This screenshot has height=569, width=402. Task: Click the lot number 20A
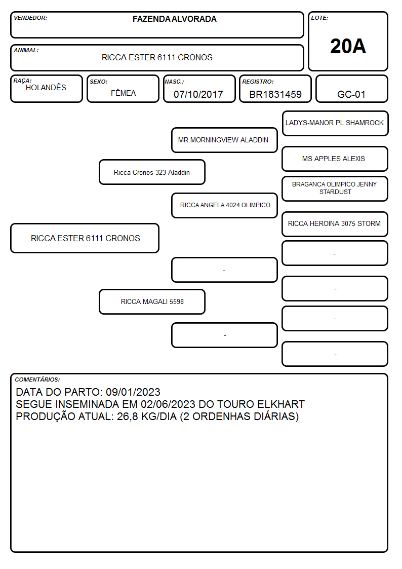(348, 46)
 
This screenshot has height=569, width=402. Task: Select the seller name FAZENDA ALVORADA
(174, 19)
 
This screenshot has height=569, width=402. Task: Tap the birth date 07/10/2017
(198, 94)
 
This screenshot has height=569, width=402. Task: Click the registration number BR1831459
(275, 94)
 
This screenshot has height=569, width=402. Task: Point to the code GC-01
(351, 94)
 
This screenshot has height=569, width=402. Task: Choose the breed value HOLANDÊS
(46, 87)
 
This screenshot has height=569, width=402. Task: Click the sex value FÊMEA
(123, 93)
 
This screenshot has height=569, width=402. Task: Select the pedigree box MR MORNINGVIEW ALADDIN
(224, 140)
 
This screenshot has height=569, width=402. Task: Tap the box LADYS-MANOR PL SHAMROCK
(335, 124)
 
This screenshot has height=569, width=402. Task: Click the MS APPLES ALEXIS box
(335, 159)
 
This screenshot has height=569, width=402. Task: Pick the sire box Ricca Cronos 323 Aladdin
(152, 172)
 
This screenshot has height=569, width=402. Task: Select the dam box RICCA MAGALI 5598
(152, 301)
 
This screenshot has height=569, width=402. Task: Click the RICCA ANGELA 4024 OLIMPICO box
(224, 205)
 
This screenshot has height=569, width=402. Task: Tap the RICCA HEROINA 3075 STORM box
(335, 224)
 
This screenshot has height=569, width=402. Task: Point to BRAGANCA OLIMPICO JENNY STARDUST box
(335, 188)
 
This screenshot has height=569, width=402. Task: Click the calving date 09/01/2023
(133, 392)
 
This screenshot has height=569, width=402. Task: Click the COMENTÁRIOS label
(37, 380)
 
